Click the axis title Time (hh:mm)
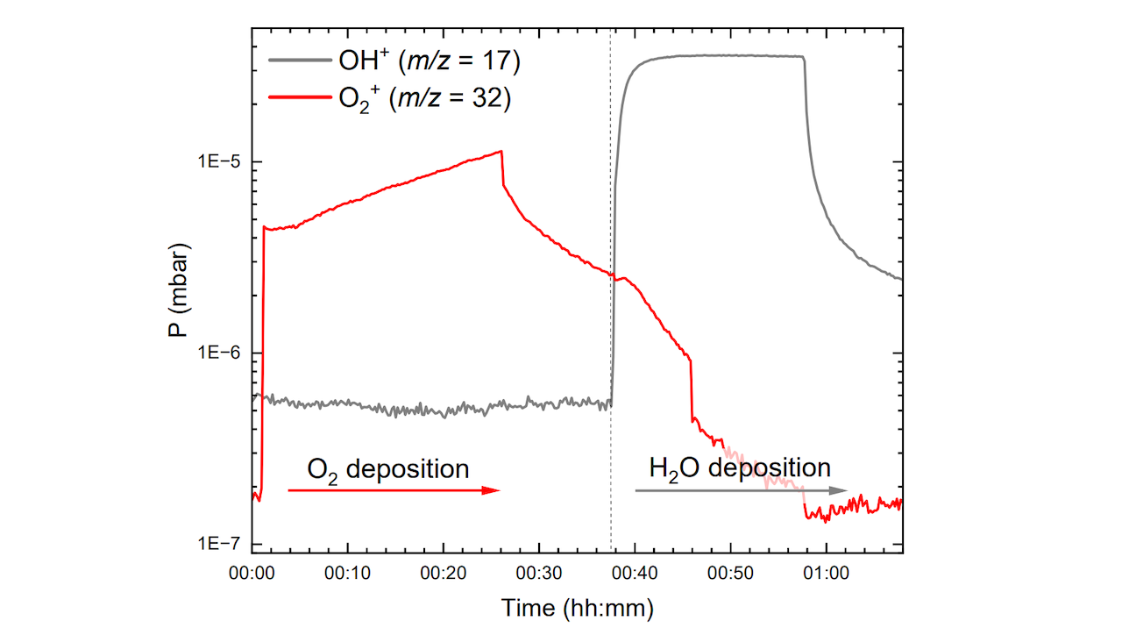coord(577,607)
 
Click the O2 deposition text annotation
coord(387,469)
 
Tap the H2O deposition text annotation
coord(739,467)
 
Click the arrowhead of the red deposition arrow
coord(493,490)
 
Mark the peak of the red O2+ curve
coord(501,152)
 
